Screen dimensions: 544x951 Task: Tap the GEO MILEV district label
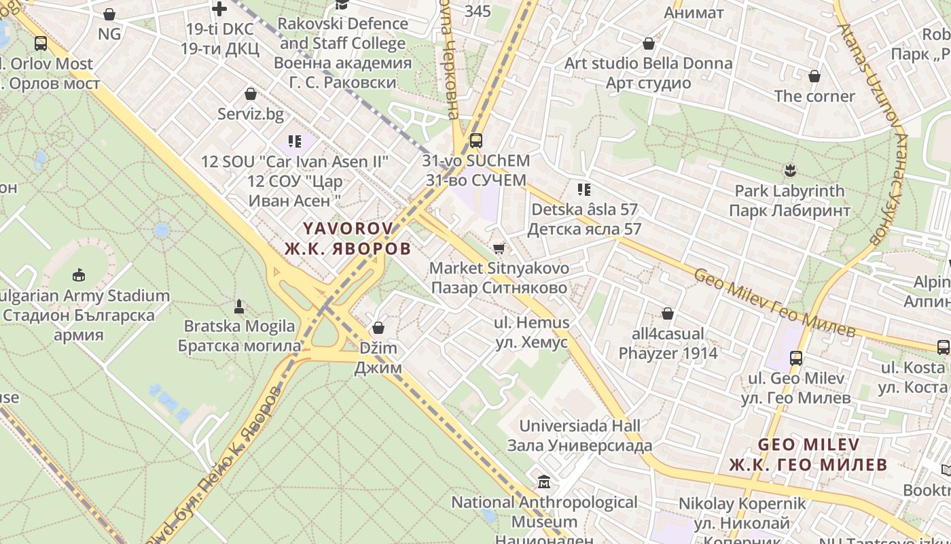click(808, 454)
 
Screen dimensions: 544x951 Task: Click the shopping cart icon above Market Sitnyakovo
click(499, 249)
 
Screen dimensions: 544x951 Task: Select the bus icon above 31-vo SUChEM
click(476, 141)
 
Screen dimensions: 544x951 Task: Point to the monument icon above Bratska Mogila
click(239, 306)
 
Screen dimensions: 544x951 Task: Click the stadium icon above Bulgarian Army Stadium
click(79, 275)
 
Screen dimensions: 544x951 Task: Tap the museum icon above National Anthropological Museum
click(544, 482)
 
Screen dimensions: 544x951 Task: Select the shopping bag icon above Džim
click(378, 328)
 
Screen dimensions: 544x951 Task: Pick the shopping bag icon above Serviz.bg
click(251, 94)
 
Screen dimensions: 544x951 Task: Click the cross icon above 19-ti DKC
click(219, 9)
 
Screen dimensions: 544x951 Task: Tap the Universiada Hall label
click(579, 435)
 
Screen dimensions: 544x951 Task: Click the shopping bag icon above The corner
click(814, 76)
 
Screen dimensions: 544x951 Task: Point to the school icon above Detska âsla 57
click(584, 189)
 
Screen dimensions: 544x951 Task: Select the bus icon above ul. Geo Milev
click(795, 358)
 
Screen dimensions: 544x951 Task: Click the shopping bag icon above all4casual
click(668, 313)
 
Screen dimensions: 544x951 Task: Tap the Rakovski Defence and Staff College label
click(342, 53)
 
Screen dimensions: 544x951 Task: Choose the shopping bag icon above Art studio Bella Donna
click(649, 44)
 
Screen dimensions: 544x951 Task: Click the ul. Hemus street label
click(533, 332)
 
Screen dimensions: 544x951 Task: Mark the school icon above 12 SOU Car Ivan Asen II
click(295, 141)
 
